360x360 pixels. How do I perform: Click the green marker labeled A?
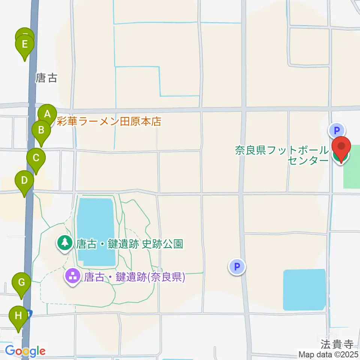tap(47, 114)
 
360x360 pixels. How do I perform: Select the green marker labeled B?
tap(41, 130)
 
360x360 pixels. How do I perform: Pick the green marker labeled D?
tap(24, 181)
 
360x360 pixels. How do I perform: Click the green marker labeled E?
tap(25, 45)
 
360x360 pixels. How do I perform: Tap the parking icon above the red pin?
tap(336, 130)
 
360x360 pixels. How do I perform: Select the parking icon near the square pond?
tap(237, 267)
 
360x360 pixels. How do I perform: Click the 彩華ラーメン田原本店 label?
tap(109, 121)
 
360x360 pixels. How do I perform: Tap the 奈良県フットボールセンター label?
tap(282, 156)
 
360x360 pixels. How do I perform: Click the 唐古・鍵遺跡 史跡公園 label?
tap(129, 244)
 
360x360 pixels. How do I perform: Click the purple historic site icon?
tap(72, 277)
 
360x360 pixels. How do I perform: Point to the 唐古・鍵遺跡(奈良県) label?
tap(134, 277)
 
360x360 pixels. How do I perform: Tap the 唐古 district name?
tap(46, 78)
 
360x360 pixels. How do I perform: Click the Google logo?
tap(25, 351)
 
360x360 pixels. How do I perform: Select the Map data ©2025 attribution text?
tap(328, 354)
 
